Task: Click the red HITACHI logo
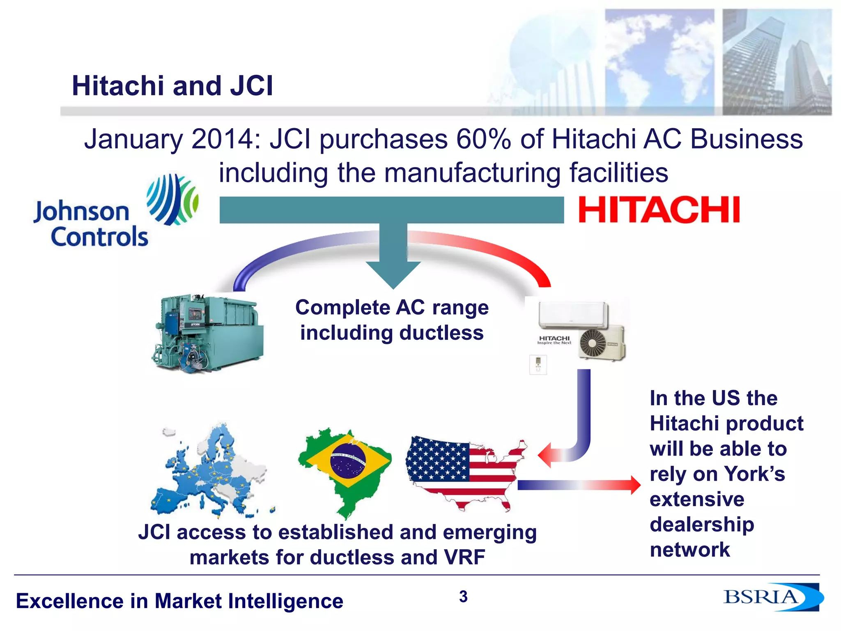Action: click(x=659, y=210)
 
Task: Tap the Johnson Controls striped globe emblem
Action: click(x=173, y=200)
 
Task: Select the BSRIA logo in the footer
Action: click(x=772, y=597)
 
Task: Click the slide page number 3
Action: click(x=463, y=596)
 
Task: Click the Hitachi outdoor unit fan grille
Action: click(x=593, y=343)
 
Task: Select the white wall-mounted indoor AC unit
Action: click(x=573, y=315)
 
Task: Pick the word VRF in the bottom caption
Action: click(x=464, y=557)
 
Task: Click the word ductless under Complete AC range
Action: click(x=441, y=333)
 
